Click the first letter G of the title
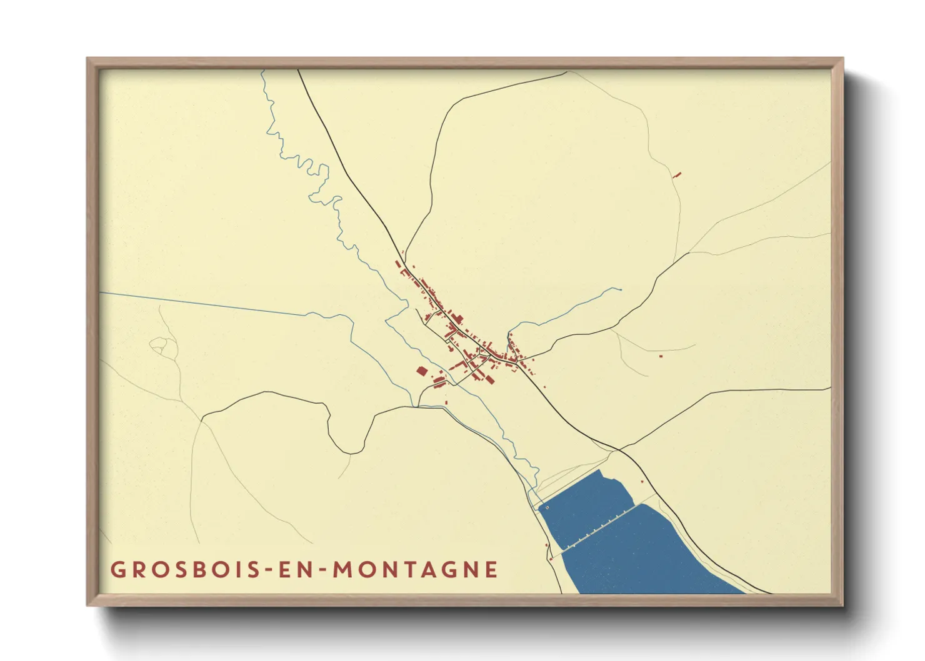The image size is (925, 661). (117, 570)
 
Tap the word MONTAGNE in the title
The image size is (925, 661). (415, 570)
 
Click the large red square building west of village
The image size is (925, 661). (422, 371)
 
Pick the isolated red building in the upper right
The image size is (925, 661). (677, 176)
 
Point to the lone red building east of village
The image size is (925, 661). (661, 356)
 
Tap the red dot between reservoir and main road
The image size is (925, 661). (642, 481)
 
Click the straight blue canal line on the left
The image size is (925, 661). (200, 303)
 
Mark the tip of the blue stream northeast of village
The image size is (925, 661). (620, 289)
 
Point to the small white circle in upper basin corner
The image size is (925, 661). (547, 508)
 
